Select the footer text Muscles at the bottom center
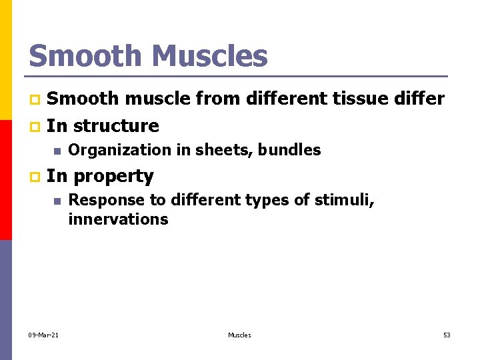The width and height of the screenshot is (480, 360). tap(239, 335)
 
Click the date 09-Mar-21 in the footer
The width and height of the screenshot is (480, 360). tap(43, 335)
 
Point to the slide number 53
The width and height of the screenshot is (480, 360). tap(447, 335)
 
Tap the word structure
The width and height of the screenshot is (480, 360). tap(116, 126)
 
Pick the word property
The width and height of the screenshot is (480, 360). tap(113, 176)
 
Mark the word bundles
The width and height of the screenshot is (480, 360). tap(291, 151)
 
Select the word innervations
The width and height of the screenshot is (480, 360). tap(118, 219)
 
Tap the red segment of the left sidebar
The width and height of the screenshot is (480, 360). tap(5, 180)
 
